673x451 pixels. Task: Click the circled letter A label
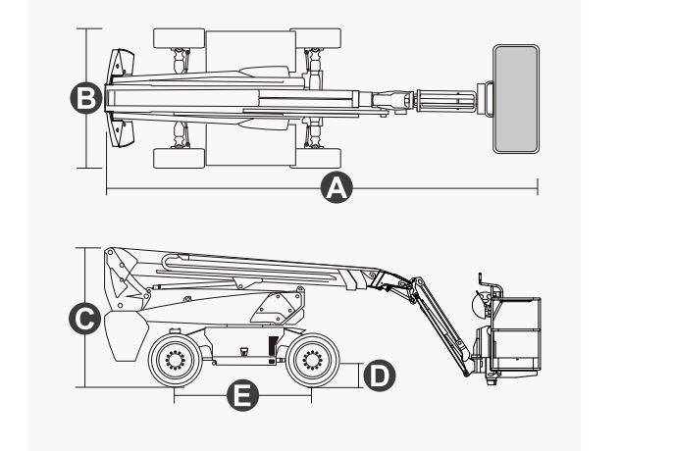pos(336,187)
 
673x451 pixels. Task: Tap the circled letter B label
pos(86,98)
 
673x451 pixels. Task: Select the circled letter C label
pos(86,319)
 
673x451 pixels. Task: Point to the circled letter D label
pos(379,374)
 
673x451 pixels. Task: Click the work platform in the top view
pos(516,98)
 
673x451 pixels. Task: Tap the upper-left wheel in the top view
pos(179,40)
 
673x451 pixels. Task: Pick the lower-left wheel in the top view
pos(179,158)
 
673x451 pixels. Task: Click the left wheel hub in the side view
pos(176,360)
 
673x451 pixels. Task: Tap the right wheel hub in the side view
pos(312,360)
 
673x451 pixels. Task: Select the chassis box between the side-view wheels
pos(240,348)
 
